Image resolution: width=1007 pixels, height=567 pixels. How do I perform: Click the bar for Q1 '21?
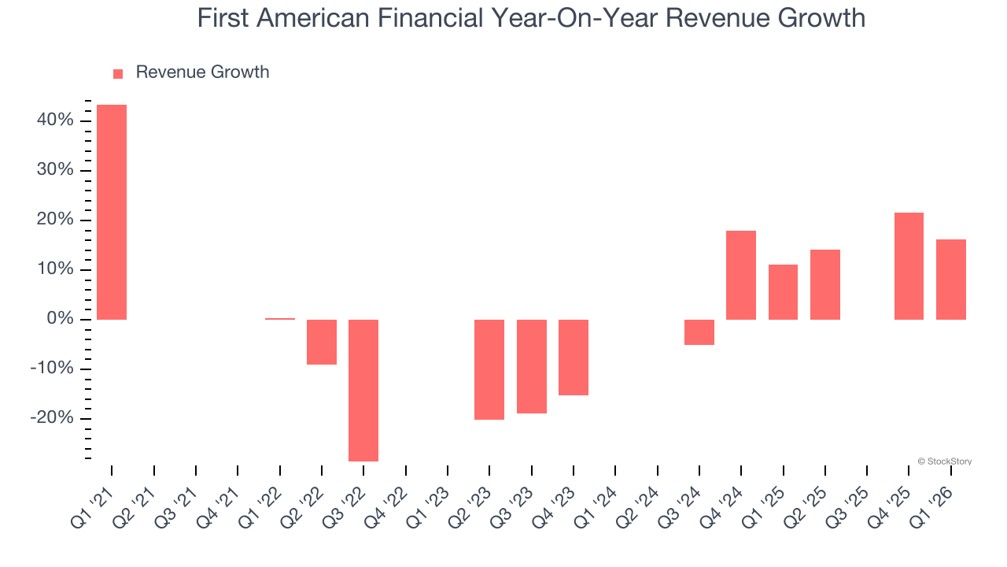point(112,212)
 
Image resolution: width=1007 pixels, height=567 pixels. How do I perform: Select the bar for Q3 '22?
point(363,390)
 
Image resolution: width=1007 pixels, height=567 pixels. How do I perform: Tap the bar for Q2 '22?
point(322,342)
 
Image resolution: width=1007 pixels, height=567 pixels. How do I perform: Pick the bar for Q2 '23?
point(489,369)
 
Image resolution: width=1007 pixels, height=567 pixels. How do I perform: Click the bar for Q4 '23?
point(574,357)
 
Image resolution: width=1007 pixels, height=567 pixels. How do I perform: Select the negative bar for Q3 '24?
point(699,332)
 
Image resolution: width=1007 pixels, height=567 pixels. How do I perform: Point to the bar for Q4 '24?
point(741,275)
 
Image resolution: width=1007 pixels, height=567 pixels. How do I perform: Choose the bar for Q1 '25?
point(783,291)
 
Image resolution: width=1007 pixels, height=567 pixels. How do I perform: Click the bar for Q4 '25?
point(909,265)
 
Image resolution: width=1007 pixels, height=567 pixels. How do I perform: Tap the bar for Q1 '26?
point(951,279)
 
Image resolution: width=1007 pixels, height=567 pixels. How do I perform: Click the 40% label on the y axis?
point(54,120)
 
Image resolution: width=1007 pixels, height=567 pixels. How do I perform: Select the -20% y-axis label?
point(52,418)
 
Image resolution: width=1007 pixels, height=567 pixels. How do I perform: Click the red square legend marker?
point(118,74)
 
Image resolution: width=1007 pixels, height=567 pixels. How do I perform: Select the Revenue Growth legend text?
point(202,72)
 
